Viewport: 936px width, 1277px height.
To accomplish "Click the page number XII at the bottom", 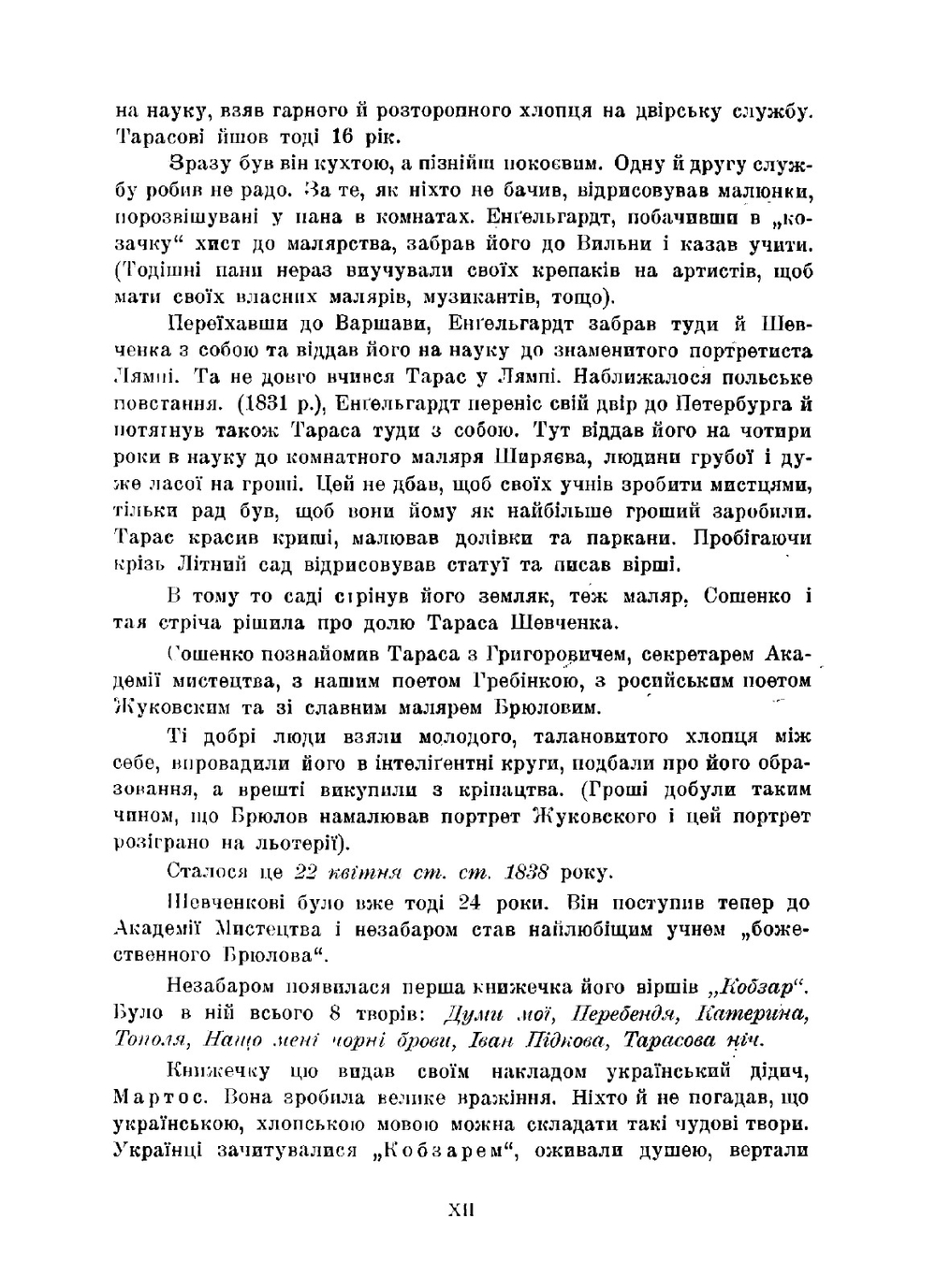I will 461,1209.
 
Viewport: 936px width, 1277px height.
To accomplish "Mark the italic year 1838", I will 525,873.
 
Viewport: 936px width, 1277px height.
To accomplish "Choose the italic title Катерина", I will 753,1013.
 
